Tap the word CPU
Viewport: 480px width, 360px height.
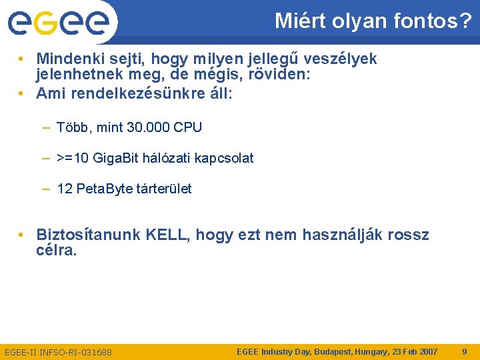(x=187, y=127)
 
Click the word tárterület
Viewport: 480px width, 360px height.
(x=164, y=189)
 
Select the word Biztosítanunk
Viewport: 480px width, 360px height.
(x=88, y=235)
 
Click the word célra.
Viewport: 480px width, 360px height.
(x=57, y=251)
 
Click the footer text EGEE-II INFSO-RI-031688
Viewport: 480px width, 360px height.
(x=58, y=352)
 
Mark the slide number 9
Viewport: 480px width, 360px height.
(x=465, y=351)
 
